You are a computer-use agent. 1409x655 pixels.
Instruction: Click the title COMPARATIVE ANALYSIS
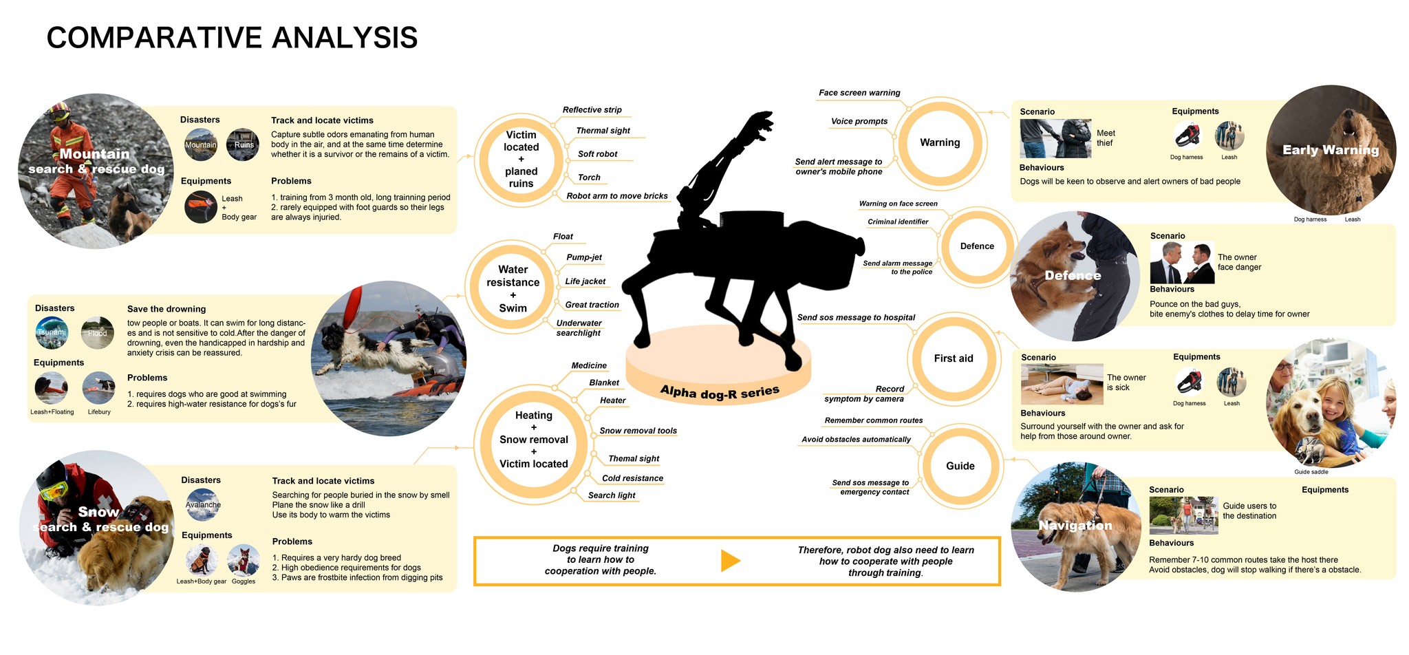(232, 38)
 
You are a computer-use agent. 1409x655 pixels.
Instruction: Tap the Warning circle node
(940, 143)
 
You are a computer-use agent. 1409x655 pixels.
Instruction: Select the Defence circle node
(977, 246)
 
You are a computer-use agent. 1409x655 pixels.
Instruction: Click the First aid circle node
(954, 358)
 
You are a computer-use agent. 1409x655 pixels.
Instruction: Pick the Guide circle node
(960, 466)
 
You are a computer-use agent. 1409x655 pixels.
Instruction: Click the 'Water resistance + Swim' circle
(513, 289)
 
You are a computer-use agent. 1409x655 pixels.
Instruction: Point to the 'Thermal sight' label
(603, 131)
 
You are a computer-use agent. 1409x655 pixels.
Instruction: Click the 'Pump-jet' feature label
(584, 257)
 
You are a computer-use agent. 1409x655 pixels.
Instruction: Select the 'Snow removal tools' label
(638, 431)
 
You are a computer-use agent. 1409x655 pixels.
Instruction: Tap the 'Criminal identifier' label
(898, 222)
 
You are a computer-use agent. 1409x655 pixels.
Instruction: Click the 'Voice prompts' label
(859, 121)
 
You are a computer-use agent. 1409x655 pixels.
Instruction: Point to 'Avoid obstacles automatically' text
(856, 439)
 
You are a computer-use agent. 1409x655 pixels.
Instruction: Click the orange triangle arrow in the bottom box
(730, 561)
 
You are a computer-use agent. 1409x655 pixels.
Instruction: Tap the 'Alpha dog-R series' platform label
(720, 391)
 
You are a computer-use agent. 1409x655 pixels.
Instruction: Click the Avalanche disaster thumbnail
(203, 504)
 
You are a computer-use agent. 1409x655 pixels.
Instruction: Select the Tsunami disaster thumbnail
(52, 332)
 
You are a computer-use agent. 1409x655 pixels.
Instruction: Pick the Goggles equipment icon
(244, 561)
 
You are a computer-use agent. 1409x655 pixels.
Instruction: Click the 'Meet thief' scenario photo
(1055, 138)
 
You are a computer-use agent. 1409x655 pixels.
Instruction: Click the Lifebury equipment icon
(99, 388)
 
